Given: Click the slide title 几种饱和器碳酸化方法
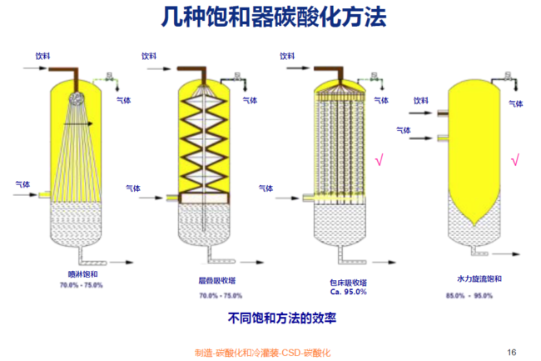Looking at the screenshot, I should point(270,18).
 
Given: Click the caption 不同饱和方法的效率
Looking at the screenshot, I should point(270,318).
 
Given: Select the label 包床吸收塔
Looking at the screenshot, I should point(347,283).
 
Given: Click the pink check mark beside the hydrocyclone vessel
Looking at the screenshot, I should point(515,158).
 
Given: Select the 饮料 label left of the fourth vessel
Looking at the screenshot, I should point(420,100).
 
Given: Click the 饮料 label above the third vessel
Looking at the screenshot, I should point(287,56).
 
